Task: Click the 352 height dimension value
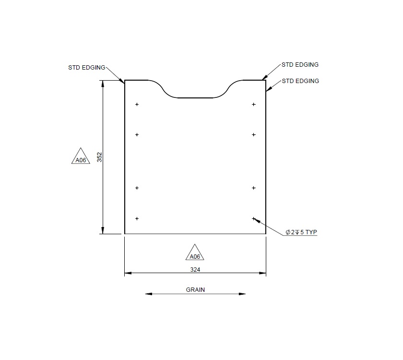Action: pyautogui.click(x=99, y=157)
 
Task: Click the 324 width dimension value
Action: pyautogui.click(x=195, y=270)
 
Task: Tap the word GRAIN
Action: pyautogui.click(x=195, y=290)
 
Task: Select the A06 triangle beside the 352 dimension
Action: pyautogui.click(x=81, y=158)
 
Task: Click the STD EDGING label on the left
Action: pyautogui.click(x=86, y=68)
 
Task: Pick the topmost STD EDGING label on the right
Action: pyautogui.click(x=300, y=64)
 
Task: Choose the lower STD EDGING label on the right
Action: pyautogui.click(x=300, y=81)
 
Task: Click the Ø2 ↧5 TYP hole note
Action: pyautogui.click(x=301, y=232)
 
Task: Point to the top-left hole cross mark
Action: pyautogui.click(x=137, y=104)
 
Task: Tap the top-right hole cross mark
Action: pyautogui.click(x=254, y=104)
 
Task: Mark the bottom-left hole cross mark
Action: pyautogui.click(x=137, y=218)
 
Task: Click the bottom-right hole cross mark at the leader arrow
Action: pyautogui.click(x=254, y=218)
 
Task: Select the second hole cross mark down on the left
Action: pyautogui.click(x=137, y=135)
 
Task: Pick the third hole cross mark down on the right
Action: pyautogui.click(x=254, y=188)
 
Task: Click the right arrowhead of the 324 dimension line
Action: pyautogui.click(x=263, y=274)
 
